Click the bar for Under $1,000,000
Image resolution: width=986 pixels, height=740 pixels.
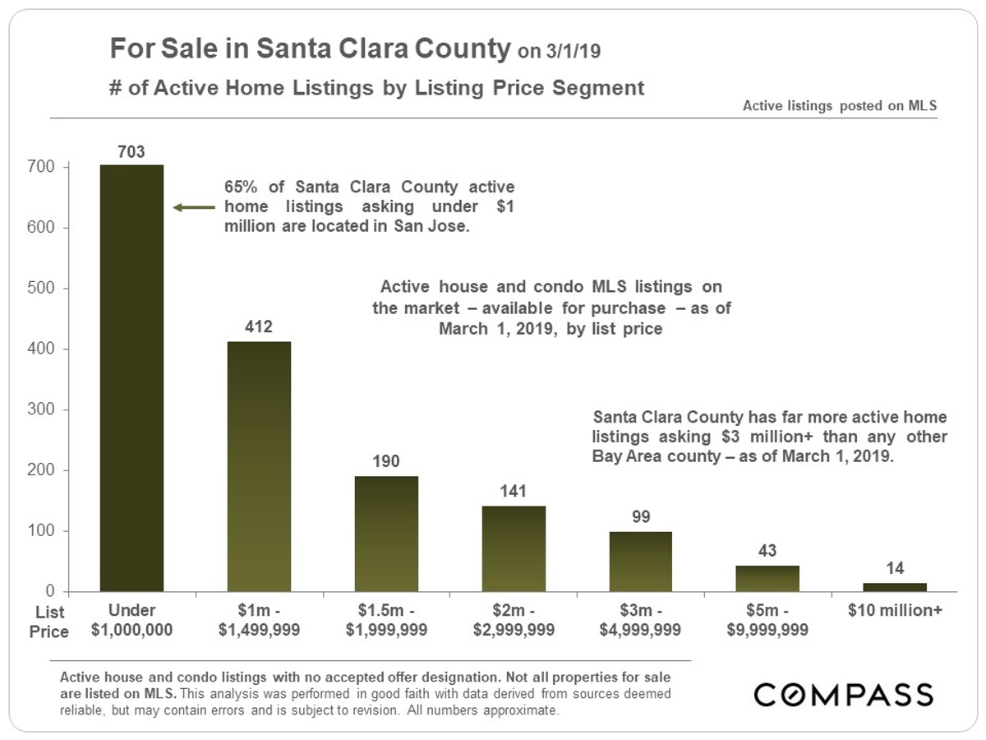tap(131, 378)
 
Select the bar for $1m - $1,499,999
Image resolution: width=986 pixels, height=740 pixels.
tap(259, 466)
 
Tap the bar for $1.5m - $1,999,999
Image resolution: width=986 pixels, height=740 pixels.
tap(386, 534)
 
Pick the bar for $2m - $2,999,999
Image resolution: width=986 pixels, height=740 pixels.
tap(514, 548)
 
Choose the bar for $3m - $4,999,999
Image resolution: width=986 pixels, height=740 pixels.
tap(641, 562)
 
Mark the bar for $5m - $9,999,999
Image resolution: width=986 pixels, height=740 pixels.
tap(767, 579)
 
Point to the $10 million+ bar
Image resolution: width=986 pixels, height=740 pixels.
tap(895, 587)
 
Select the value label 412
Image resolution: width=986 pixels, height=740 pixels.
tap(259, 326)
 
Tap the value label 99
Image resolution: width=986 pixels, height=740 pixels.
tap(641, 517)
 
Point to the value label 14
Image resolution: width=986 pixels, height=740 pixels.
tap(895, 568)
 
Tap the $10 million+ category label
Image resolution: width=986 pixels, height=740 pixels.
tap(895, 612)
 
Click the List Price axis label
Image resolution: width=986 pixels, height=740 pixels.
tap(50, 622)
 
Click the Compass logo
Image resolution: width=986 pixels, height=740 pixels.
tap(843, 695)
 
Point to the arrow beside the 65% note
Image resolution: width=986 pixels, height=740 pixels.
tap(192, 208)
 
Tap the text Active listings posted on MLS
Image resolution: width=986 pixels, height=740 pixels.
tap(840, 106)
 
